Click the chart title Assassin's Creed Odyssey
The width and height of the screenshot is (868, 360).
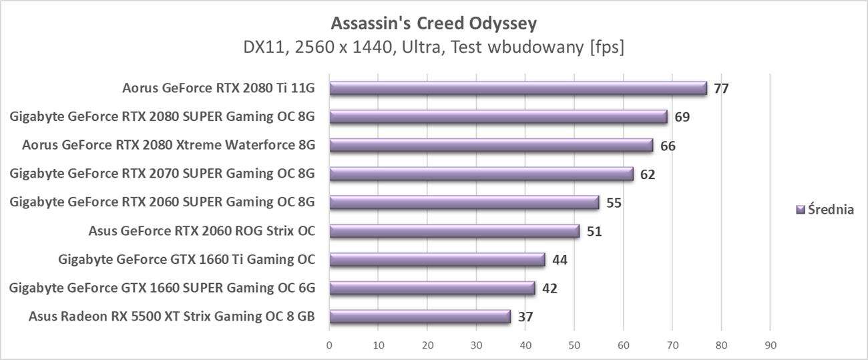pos(433,24)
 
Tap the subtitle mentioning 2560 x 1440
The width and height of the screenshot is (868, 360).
pos(433,48)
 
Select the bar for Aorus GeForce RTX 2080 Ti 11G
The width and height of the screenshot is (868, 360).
pos(517,88)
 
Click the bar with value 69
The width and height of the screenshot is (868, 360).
pos(498,117)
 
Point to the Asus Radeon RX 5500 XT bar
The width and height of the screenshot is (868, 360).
pos(420,317)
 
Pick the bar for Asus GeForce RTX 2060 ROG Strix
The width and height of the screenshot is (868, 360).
pos(455,231)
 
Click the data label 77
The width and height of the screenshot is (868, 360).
pos(721,88)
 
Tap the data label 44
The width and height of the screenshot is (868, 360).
pos(560,260)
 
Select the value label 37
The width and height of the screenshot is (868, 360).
pos(525,317)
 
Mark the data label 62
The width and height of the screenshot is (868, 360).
pos(648,174)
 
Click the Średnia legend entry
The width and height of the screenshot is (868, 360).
pos(825,210)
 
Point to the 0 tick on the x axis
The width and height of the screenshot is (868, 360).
pos(329,345)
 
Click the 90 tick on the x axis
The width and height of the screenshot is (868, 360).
pos(770,345)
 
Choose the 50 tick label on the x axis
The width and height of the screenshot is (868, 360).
pos(574,345)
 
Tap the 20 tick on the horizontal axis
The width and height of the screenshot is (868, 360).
pos(427,345)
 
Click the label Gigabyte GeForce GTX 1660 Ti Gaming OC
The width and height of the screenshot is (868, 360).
pos(186,259)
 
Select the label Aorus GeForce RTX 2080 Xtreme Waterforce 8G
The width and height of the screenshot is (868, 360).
pos(168,145)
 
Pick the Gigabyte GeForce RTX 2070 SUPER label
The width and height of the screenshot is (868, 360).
pos(162,174)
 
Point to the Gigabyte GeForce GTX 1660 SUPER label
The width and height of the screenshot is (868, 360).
pos(162,288)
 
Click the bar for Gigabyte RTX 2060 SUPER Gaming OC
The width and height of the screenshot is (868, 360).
pos(464,202)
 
